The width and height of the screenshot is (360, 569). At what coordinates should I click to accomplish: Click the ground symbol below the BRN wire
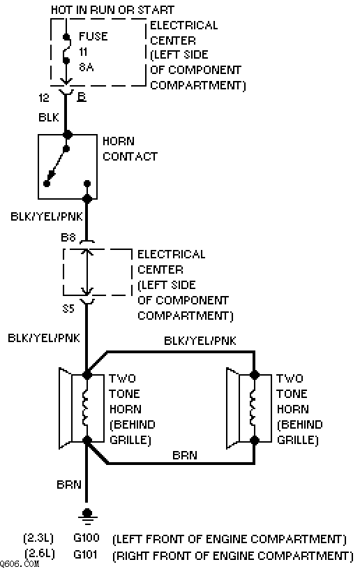[x=87, y=515]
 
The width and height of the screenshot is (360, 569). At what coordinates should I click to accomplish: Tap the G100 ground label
[x=86, y=538]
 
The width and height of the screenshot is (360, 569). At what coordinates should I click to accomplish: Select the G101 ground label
[x=85, y=554]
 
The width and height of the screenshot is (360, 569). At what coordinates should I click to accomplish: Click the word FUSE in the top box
[x=93, y=36]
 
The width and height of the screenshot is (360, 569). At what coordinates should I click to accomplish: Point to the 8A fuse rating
[x=87, y=67]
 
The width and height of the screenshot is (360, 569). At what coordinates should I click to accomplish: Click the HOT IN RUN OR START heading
[x=112, y=10]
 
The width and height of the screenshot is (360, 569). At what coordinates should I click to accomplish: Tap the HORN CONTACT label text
[x=130, y=149]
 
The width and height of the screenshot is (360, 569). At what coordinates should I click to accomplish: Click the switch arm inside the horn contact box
[x=57, y=166]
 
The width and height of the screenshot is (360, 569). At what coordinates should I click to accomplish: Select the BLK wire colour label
[x=49, y=117]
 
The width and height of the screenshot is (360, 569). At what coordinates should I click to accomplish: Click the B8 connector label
[x=68, y=237]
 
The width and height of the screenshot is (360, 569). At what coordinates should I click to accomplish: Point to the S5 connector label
[x=68, y=309]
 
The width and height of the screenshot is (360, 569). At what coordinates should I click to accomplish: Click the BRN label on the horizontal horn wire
[x=184, y=455]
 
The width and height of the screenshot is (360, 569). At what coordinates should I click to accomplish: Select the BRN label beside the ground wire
[x=69, y=485]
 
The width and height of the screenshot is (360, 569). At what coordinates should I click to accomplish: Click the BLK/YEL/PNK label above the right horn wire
[x=200, y=341]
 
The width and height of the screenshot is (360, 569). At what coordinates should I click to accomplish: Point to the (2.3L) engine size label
[x=38, y=538]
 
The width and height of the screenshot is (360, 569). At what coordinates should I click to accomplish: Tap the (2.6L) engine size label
[x=40, y=554]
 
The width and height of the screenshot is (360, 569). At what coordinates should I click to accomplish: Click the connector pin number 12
[x=43, y=98]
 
